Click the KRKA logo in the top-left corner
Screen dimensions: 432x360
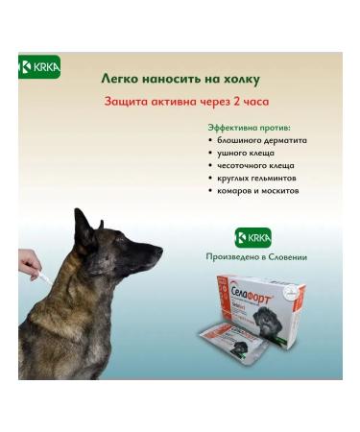click(x=38, y=68)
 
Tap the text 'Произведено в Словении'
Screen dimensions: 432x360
click(x=254, y=256)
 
